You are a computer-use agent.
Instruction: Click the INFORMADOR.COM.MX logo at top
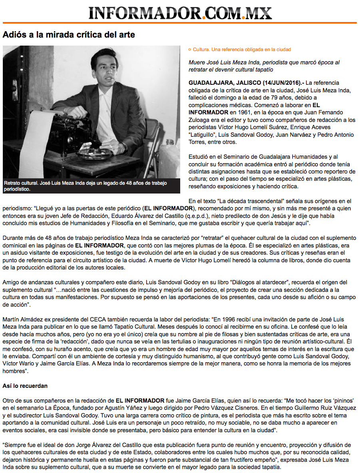(180, 13)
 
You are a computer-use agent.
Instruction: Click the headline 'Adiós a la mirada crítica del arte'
(69, 35)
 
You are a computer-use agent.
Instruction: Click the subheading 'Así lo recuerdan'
(25, 386)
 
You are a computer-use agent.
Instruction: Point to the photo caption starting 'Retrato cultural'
(86, 186)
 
